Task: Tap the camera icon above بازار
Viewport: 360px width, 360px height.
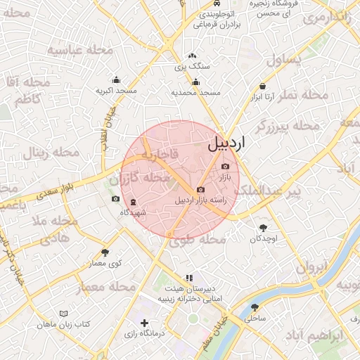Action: coord(225,167)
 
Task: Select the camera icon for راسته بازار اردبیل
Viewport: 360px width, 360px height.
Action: coord(201,189)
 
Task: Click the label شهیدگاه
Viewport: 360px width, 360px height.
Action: coord(133,212)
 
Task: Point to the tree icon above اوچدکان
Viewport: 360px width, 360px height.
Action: coord(264,227)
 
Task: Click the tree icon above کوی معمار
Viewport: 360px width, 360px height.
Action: coord(105,252)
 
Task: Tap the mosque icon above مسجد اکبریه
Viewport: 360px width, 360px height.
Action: coord(116,80)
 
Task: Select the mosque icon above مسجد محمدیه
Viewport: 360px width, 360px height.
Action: coord(195,82)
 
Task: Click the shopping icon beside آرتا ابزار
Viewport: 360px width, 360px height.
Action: coord(263,86)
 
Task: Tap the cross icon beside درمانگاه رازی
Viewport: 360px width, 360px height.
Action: coord(144,323)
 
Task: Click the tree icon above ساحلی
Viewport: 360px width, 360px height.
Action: coord(255,307)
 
